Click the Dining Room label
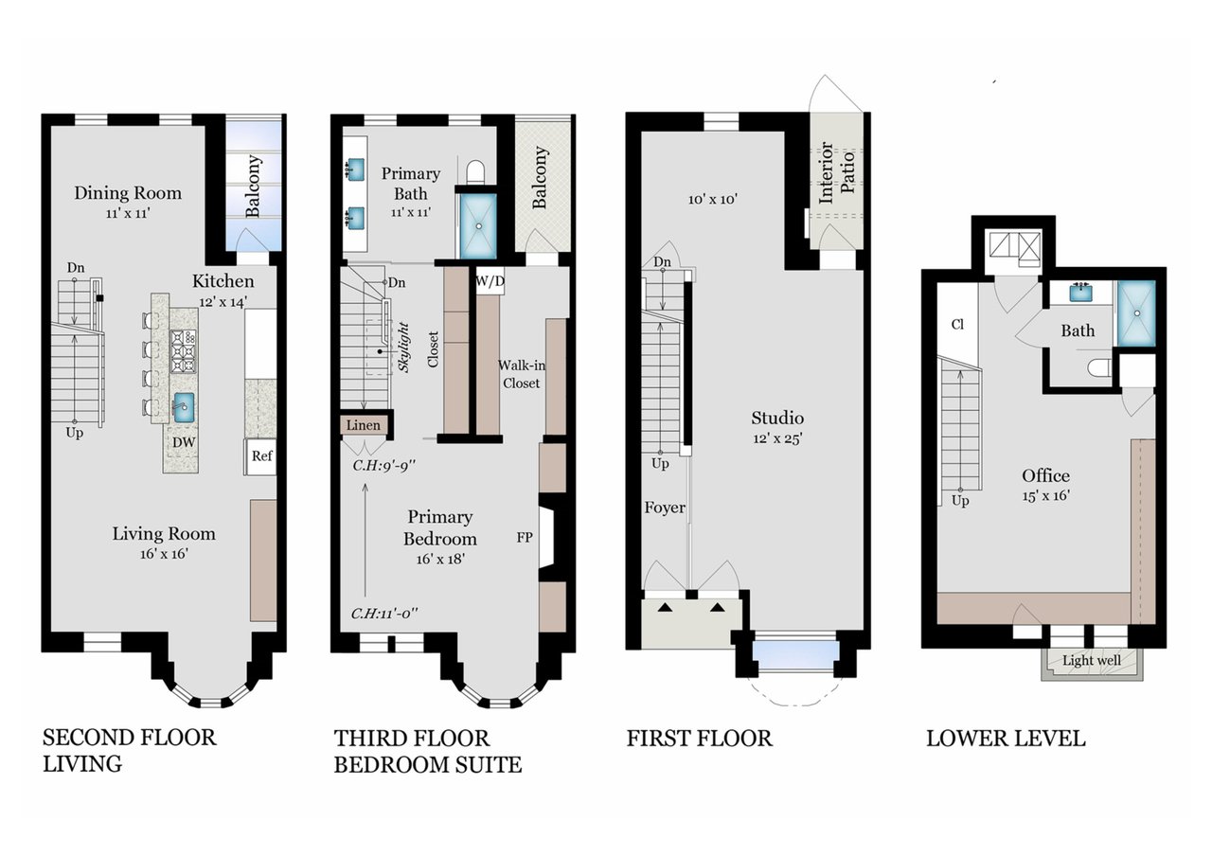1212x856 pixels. pos(128,193)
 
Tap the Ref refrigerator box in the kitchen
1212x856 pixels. pos(260,456)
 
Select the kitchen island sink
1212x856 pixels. pos(184,407)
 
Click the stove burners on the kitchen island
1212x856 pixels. pos(184,351)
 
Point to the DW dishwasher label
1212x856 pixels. pos(184,442)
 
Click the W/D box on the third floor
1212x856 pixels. pos(490,281)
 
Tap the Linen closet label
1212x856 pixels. pos(363,425)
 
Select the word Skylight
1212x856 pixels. pos(403,347)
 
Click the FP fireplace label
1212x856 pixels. pos(525,537)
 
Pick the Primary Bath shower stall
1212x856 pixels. pos(478,226)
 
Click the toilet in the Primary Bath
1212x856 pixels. pos(475,171)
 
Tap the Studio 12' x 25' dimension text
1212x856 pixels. pos(777,438)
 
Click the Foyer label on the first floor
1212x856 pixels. pos(665,508)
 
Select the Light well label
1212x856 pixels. pos(1092,661)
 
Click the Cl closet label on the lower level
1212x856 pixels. pos(957,324)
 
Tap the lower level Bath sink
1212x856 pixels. pos(1080,293)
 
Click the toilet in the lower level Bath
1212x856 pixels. pos(1098,368)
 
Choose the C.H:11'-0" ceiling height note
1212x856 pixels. pos(384,614)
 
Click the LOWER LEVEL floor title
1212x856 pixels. pos(1006,739)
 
